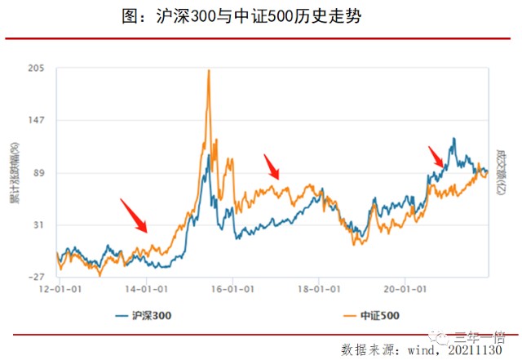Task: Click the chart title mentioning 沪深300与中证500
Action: (261, 16)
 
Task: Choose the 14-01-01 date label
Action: (147, 288)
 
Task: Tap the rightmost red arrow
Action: (436, 156)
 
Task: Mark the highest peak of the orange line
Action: (209, 71)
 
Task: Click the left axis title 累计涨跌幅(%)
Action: (15, 173)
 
